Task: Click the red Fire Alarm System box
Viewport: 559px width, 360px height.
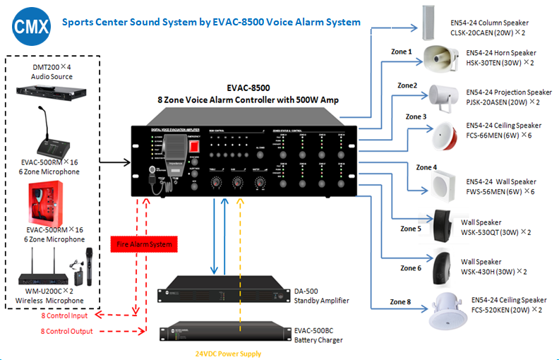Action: pyautogui.click(x=145, y=245)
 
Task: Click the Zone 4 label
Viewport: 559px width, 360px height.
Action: pyautogui.click(x=426, y=167)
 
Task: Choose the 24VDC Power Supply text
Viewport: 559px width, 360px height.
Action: pyautogui.click(x=227, y=354)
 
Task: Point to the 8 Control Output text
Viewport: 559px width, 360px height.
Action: pyautogui.click(x=69, y=330)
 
